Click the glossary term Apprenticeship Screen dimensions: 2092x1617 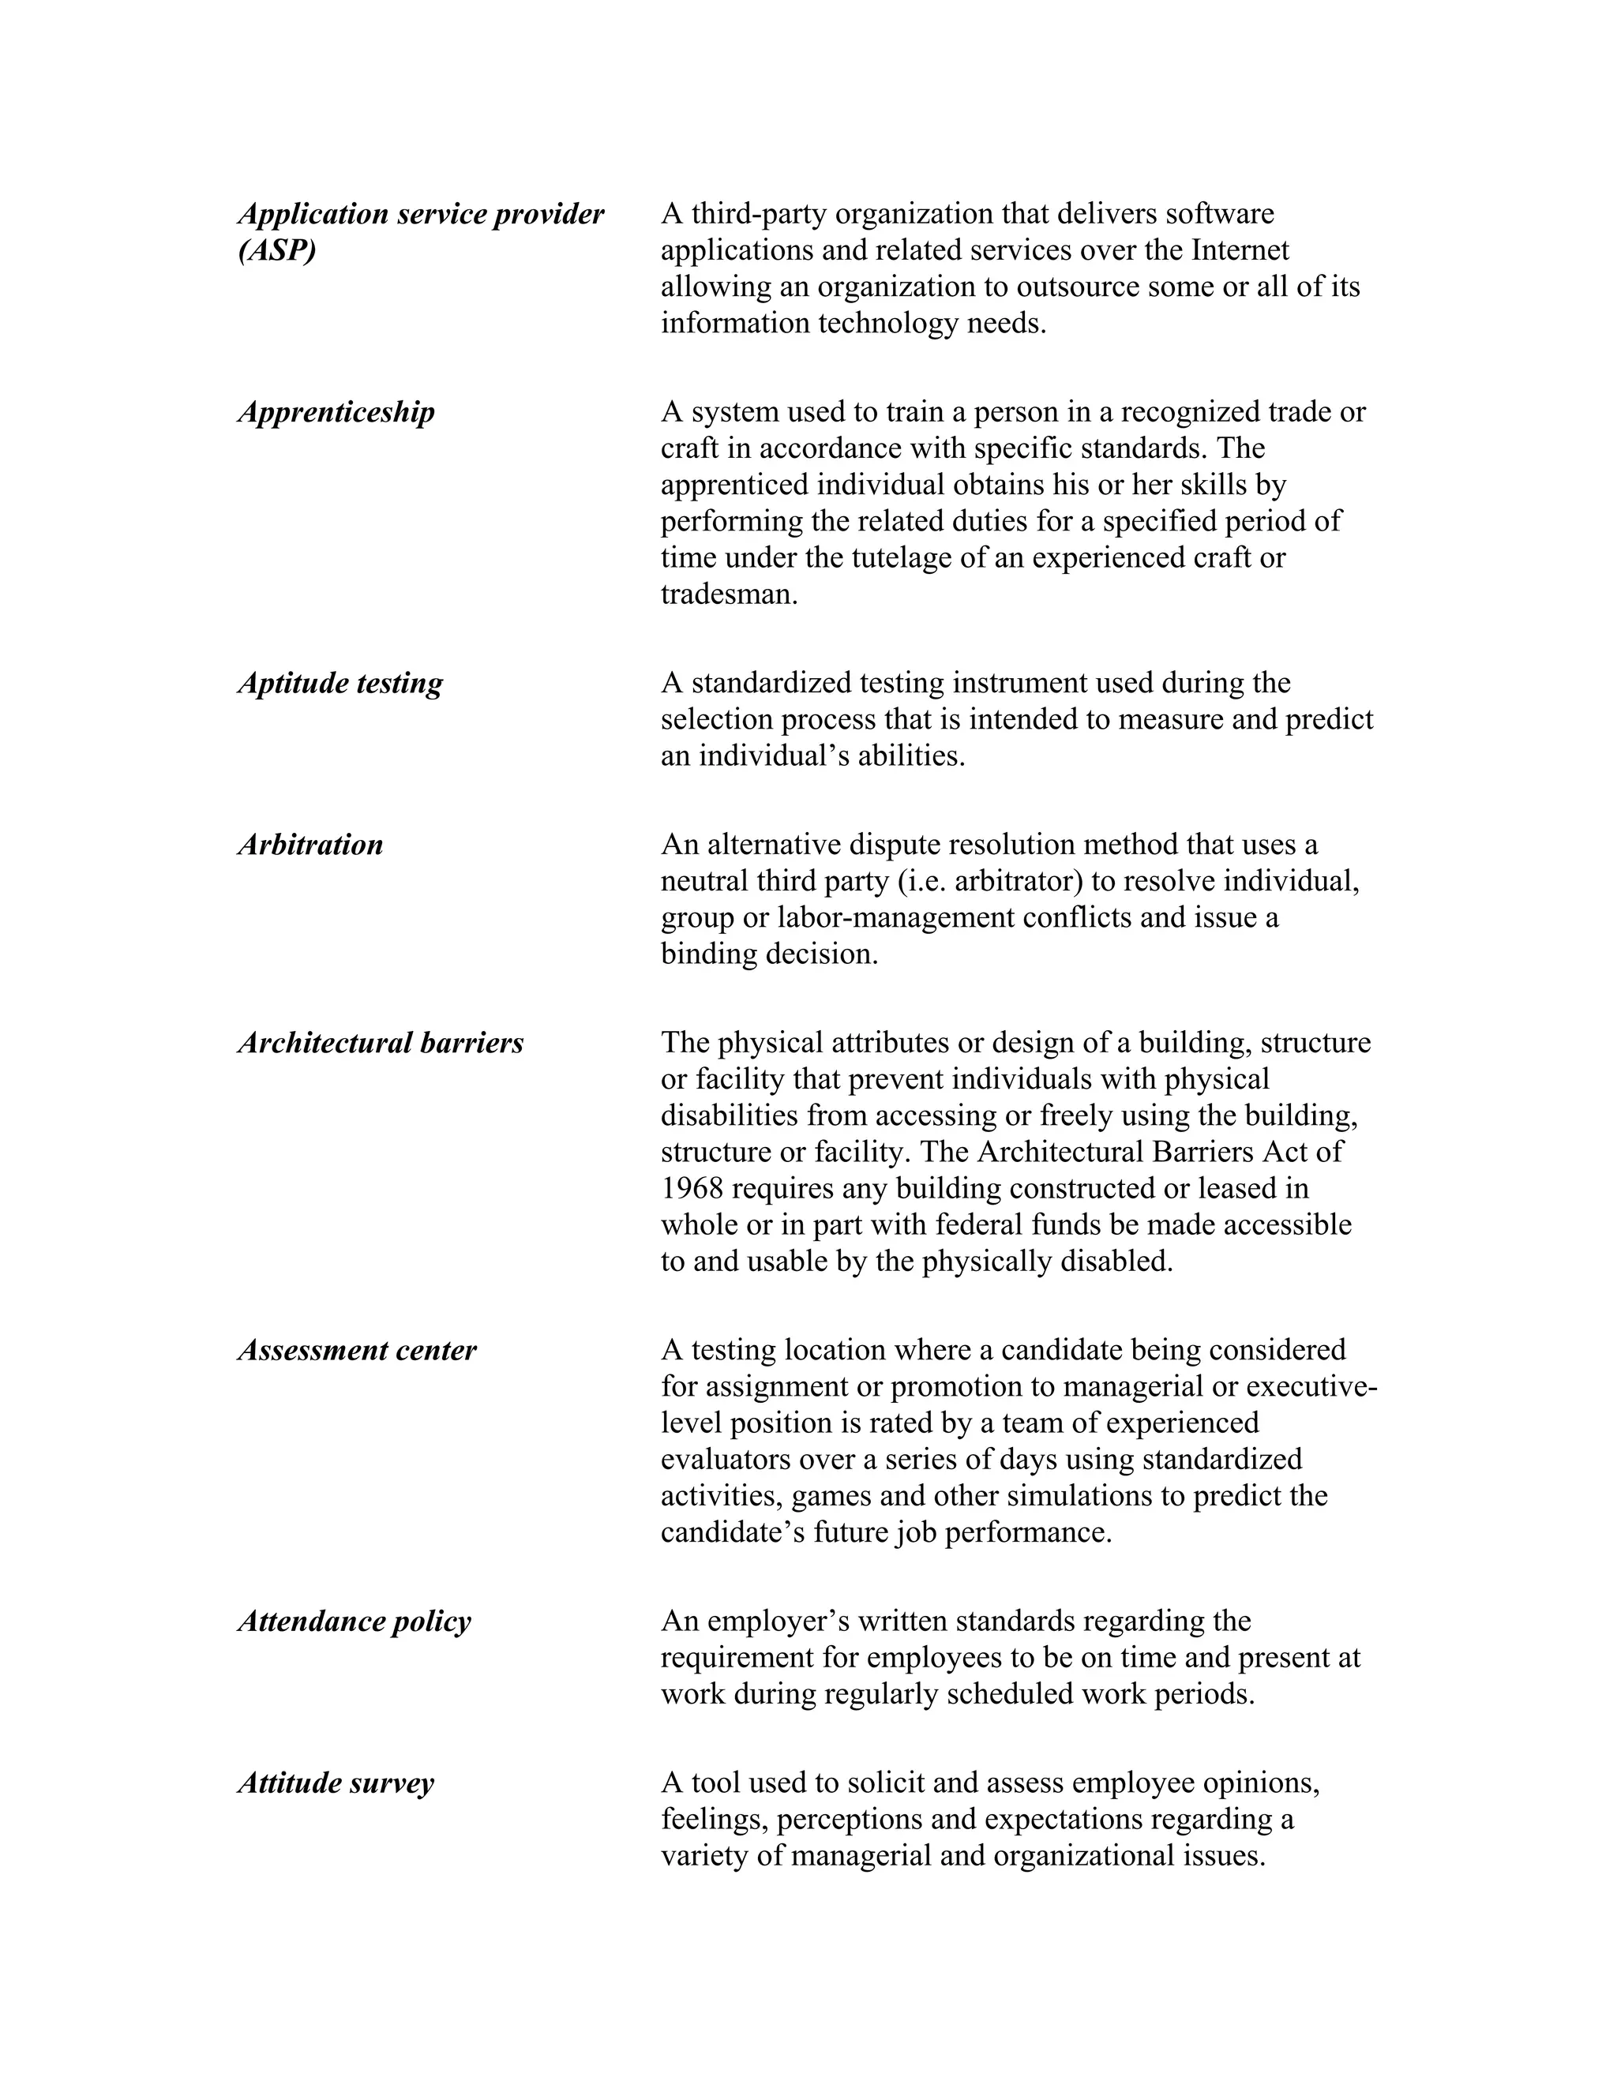(336, 413)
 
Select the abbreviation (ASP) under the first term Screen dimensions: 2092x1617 (277, 251)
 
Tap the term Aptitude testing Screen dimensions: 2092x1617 (340, 684)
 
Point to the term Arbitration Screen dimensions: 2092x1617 (310, 845)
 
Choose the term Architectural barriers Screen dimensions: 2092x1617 (381, 1043)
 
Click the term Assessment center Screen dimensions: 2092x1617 (356, 1351)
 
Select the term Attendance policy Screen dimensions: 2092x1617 (355, 1621)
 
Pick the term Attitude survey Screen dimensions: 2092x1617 (336, 1783)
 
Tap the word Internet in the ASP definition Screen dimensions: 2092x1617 (1240, 250)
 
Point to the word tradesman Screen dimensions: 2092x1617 (728, 595)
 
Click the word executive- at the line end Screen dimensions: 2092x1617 (1312, 1387)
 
